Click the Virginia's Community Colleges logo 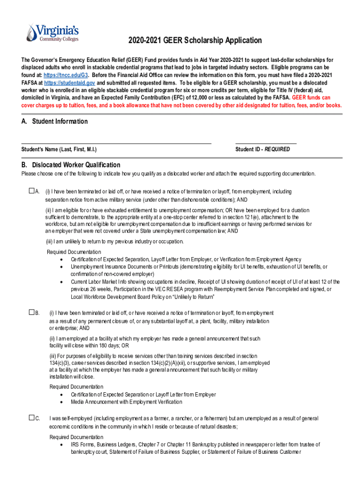pos(46,32)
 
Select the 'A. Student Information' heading pos(54,121)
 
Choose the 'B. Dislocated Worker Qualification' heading pos(71,165)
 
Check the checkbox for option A pos(31,191)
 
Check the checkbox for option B pos(31,313)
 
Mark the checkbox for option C pos(31,418)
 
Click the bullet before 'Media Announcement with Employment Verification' pos(61,402)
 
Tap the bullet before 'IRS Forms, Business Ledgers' pos(61,445)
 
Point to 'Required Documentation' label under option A pos(74,252)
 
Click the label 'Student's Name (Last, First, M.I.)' pos(59,149)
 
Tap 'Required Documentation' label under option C pos(77,437)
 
